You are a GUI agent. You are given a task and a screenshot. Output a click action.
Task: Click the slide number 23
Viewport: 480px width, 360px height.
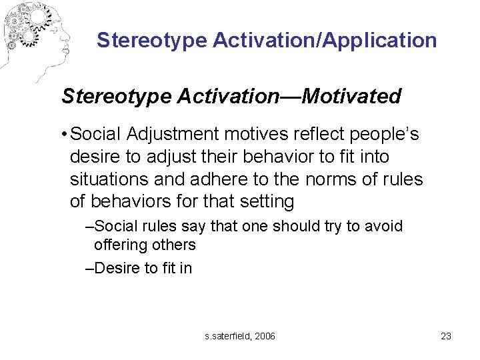446,336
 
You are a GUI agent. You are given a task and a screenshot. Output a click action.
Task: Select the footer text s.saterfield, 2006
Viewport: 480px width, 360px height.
240,336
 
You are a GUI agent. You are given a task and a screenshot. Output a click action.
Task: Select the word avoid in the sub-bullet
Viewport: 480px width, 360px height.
385,227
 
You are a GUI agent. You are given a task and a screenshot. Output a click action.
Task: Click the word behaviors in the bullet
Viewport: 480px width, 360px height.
129,201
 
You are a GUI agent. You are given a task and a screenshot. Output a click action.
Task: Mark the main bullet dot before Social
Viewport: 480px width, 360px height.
62,135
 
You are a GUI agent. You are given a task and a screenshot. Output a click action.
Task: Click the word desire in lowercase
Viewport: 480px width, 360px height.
92,157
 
